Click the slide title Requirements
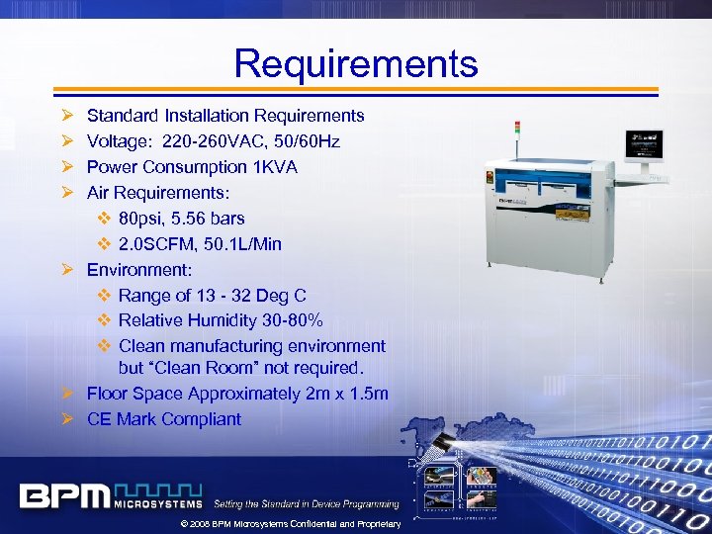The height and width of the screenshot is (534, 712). click(x=356, y=64)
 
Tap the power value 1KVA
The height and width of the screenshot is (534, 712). click(x=274, y=167)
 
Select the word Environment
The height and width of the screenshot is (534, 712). click(x=138, y=269)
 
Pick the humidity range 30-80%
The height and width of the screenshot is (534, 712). click(x=288, y=320)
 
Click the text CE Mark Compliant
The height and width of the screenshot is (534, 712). click(x=163, y=419)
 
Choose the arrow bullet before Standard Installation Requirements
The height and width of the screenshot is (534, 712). click(x=66, y=117)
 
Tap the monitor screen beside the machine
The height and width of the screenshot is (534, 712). click(x=643, y=148)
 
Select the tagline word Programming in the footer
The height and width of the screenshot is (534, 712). click(x=368, y=504)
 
